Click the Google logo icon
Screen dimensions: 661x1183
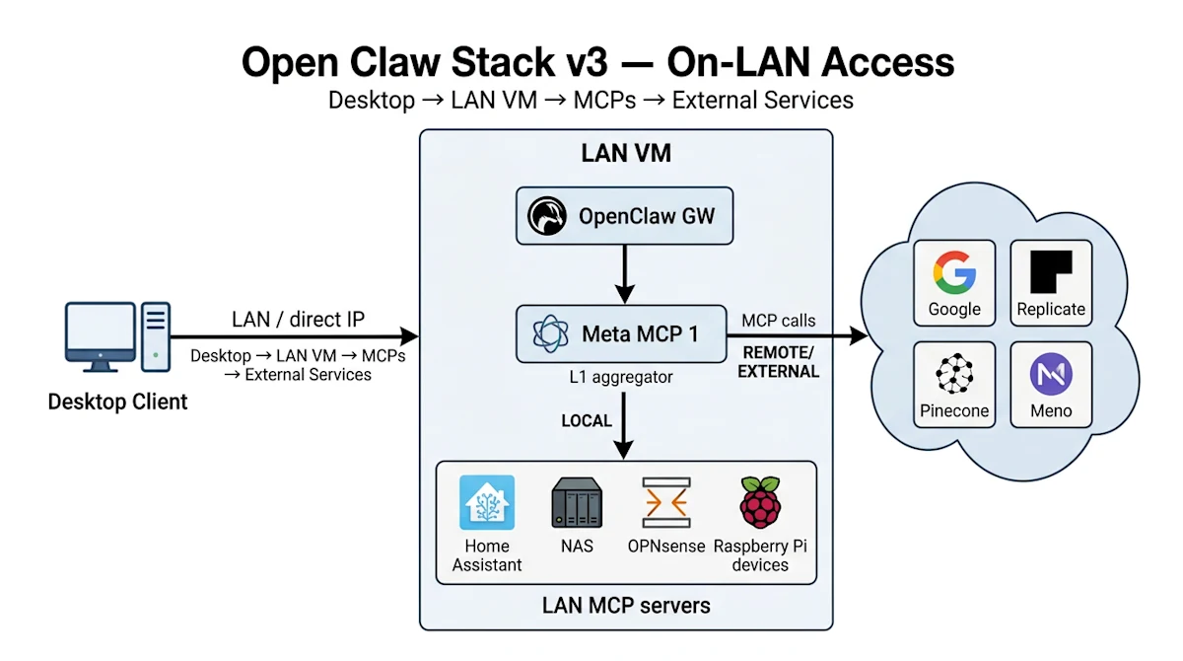(954, 271)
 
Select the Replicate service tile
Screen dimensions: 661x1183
(1051, 282)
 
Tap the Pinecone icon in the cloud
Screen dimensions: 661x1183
(954, 374)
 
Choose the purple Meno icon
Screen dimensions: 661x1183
(1051, 374)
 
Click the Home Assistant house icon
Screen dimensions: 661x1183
(487, 503)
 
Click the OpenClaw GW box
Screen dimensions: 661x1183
(625, 216)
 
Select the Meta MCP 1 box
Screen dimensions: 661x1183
(625, 334)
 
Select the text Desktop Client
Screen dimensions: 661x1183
(117, 403)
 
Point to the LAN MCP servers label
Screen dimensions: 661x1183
(625, 604)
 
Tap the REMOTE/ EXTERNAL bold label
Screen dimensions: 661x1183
(779, 362)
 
